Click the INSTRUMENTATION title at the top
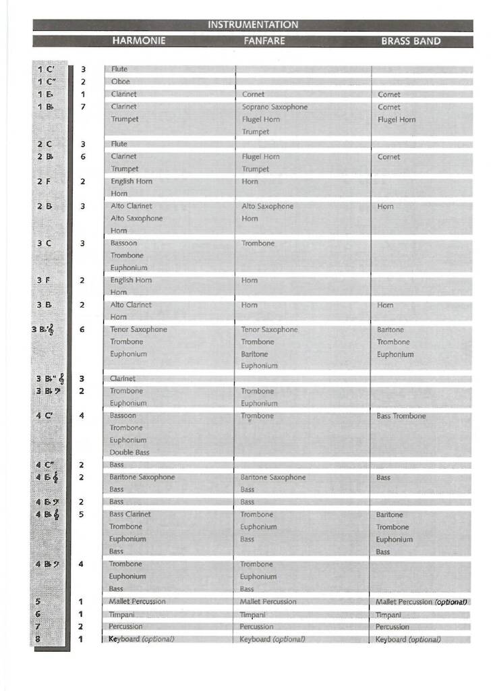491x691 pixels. tap(252, 25)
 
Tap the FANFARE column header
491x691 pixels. tap(264, 41)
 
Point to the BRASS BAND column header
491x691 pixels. tap(411, 41)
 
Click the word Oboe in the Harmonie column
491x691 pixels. tap(121, 82)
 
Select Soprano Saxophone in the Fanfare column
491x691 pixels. tap(275, 107)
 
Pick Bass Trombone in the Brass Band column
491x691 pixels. tap(401, 416)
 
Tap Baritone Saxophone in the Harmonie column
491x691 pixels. tap(142, 477)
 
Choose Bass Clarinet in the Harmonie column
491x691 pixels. tap(130, 514)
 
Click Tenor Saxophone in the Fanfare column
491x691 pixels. tap(269, 329)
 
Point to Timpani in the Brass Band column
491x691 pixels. tap(388, 615)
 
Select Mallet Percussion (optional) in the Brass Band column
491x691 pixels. tap(421, 602)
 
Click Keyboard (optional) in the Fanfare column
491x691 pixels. tap(272, 639)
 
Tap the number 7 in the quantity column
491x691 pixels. tap(83, 107)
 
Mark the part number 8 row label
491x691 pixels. tap(38, 639)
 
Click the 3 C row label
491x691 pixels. tap(45, 243)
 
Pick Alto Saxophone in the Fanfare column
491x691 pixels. tap(268, 206)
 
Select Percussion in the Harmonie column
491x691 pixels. tap(126, 626)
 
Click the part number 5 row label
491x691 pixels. tap(38, 601)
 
